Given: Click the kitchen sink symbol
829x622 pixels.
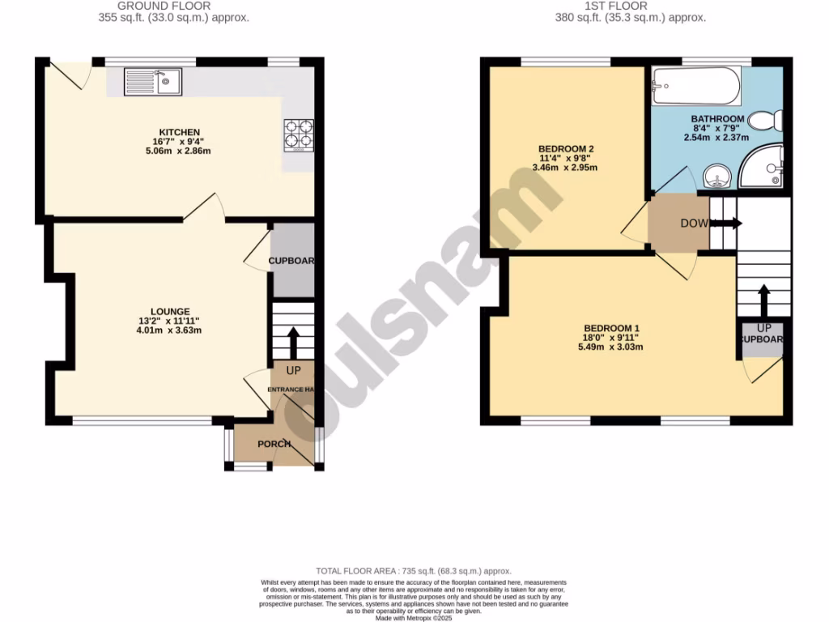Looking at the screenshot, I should click(154, 81).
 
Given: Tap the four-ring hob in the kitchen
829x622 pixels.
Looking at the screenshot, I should click(297, 135).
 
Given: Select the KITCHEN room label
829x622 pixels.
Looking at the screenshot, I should click(179, 132).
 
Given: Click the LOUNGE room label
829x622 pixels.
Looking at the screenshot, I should click(170, 311).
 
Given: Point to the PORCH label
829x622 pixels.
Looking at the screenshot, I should click(274, 444).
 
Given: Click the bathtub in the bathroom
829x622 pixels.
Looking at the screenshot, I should click(696, 87).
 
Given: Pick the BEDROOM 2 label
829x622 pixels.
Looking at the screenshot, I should click(567, 148).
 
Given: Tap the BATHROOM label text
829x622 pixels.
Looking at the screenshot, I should click(717, 119).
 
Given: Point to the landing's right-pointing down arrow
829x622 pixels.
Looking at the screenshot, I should click(725, 223).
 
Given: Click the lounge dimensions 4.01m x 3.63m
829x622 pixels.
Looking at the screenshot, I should click(169, 330).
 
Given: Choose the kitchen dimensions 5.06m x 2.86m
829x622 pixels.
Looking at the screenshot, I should click(179, 151).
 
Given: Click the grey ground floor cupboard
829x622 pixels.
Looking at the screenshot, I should click(292, 261).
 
